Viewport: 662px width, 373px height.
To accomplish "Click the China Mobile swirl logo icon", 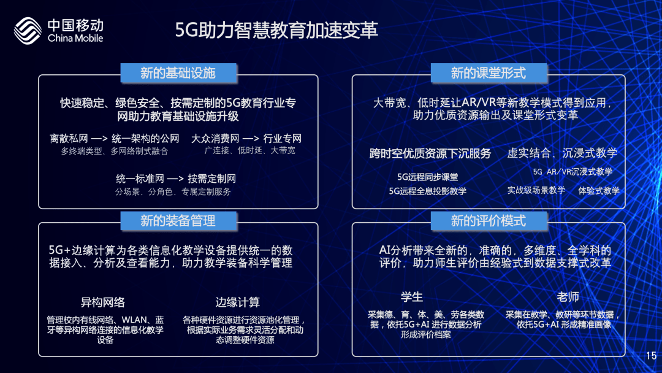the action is click(28, 31).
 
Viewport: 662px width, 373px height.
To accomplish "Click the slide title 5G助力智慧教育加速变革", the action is click(276, 30).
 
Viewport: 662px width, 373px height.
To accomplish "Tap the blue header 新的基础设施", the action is click(178, 73).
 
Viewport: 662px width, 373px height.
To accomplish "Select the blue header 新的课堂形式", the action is click(489, 73).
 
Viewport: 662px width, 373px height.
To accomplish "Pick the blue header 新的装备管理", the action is click(178, 220).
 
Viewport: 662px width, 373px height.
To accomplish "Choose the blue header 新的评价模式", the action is click(489, 220).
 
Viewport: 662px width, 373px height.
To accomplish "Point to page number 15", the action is click(651, 356).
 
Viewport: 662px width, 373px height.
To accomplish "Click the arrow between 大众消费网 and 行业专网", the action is click(251, 139).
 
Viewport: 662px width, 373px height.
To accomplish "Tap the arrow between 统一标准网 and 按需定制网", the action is click(176, 179).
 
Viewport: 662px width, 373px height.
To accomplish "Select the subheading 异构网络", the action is click(102, 302).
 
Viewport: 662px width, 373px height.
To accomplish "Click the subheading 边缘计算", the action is click(238, 302).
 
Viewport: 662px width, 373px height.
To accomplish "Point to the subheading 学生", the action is click(412, 297).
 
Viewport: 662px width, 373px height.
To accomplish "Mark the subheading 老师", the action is click(568, 297).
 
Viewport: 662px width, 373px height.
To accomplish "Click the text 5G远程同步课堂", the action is click(428, 177).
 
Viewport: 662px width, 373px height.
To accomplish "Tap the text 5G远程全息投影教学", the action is click(428, 191).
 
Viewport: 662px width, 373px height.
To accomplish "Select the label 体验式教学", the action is click(599, 191).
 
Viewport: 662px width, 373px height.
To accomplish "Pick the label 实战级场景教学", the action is click(536, 191).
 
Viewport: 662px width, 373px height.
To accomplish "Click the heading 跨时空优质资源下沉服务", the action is click(430, 153).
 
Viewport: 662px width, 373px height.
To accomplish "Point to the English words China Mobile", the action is click(75, 38).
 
